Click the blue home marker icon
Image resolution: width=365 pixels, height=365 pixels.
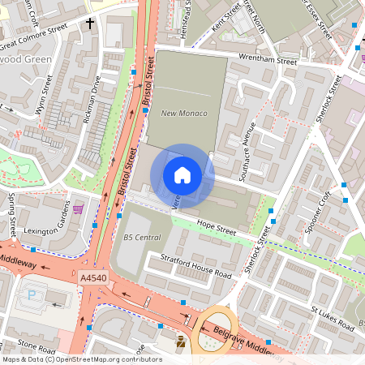tap(182, 175)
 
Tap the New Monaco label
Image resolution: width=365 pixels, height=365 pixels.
tap(184, 113)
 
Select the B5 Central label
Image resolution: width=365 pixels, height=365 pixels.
tap(142, 237)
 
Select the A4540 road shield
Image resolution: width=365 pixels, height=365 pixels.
tap(94, 278)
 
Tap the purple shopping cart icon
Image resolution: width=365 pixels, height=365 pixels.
tap(78, 209)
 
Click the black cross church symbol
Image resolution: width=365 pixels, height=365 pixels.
tap(90, 24)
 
